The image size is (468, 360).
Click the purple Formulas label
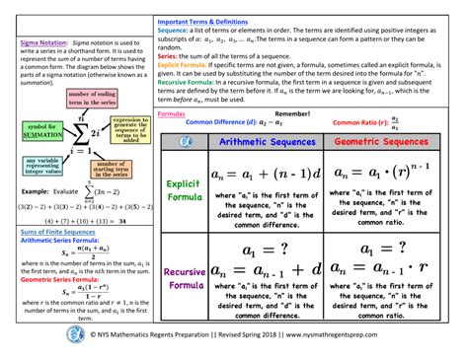[x=174, y=114]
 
